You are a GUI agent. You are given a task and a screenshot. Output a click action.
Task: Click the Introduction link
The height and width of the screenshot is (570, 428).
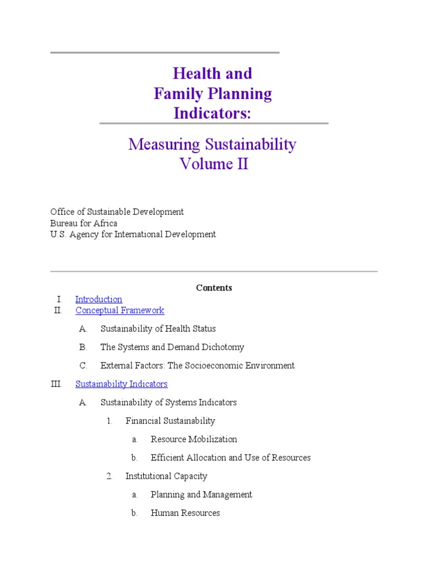click(x=99, y=299)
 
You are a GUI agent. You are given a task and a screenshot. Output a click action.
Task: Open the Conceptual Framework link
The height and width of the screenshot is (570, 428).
click(x=120, y=311)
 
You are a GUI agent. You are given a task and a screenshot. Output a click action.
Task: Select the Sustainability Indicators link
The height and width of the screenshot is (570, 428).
click(x=121, y=384)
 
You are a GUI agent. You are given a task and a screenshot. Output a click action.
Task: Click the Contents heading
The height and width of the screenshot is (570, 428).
click(x=214, y=288)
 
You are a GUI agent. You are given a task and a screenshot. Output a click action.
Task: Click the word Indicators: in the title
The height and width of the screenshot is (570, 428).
click(x=213, y=113)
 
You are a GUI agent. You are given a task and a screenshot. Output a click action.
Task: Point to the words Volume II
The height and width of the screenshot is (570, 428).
click(x=213, y=164)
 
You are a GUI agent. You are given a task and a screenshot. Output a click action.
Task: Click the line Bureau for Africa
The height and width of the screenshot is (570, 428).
click(x=84, y=223)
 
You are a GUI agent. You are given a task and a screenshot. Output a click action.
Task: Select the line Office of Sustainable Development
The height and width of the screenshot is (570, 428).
click(x=117, y=212)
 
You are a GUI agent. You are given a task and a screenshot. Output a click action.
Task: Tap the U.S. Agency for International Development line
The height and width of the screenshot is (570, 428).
click(x=133, y=234)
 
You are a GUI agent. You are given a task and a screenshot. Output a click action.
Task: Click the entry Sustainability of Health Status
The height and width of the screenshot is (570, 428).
click(x=158, y=329)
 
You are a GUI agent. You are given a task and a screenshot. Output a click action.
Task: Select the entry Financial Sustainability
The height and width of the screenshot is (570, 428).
click(x=170, y=421)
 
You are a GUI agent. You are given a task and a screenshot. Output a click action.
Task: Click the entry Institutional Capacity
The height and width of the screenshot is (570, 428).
click(x=166, y=476)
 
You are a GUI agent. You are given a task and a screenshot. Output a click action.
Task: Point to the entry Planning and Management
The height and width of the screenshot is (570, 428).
click(x=201, y=494)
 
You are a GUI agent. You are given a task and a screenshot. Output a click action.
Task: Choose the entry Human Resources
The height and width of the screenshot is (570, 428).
click(x=185, y=513)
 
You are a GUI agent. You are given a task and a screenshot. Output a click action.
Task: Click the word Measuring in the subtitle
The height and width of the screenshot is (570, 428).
click(x=164, y=145)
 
